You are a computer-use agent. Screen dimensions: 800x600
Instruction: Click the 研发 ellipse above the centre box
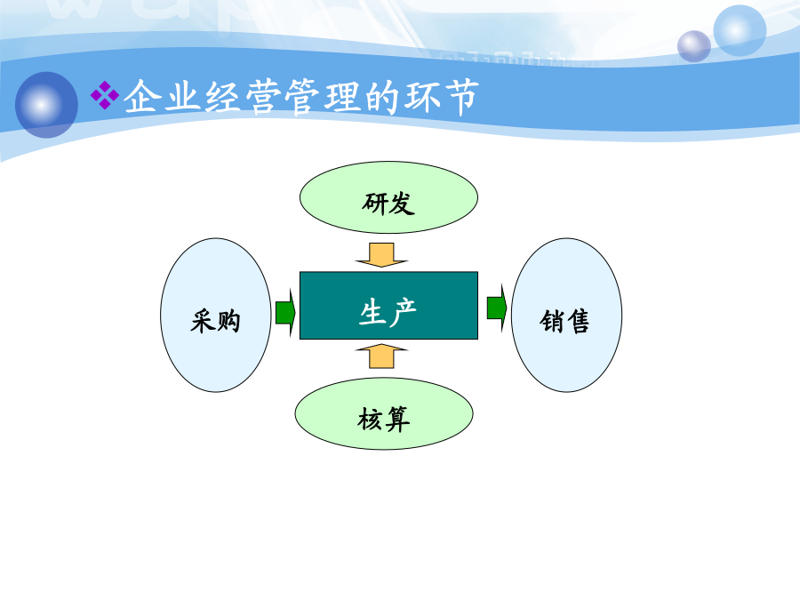coord(388,197)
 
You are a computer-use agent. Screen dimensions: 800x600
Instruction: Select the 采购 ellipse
coord(216,315)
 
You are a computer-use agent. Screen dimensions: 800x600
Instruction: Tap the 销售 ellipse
coord(566,315)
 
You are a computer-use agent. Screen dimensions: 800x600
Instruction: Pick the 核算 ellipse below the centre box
coord(384,413)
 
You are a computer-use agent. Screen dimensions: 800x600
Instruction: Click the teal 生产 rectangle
coord(388,305)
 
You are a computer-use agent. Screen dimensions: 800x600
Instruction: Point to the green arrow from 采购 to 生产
coord(285,312)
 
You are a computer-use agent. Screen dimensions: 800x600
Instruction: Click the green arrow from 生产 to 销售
coord(497,308)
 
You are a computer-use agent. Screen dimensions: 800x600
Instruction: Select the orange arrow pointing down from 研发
coord(381,254)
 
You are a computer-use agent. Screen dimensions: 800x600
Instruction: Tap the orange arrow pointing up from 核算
coord(381,356)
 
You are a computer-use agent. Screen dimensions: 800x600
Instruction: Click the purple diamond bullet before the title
coord(105,95)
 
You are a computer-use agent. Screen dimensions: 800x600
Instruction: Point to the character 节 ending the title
coord(462,96)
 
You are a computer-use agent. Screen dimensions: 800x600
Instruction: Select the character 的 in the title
coord(382,96)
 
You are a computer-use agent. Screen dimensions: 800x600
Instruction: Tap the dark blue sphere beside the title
coord(46,105)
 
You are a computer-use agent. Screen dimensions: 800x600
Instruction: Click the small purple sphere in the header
coord(694,46)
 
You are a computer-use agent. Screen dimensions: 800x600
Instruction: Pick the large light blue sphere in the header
coord(740,30)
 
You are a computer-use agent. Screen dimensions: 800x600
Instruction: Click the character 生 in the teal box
coord(372,312)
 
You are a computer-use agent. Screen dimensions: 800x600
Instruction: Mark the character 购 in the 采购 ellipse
coord(228,322)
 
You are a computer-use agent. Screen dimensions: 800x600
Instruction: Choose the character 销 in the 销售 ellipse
coord(551,322)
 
